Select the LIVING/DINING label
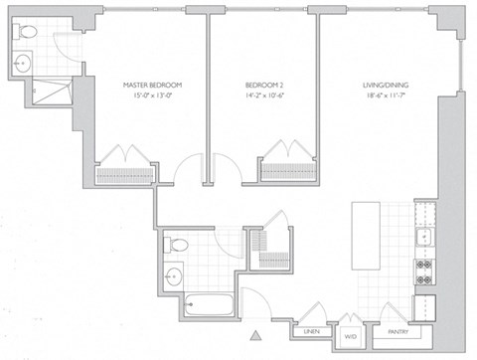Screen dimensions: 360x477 tap(384, 85)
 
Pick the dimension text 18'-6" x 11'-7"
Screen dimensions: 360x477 tap(384, 96)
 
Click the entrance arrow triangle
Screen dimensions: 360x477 tap(257, 337)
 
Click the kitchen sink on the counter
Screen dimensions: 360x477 tap(425, 236)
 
